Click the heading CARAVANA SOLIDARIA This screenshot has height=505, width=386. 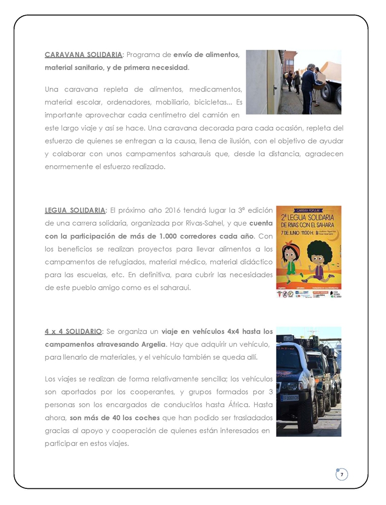(83, 55)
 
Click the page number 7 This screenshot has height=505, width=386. (342, 475)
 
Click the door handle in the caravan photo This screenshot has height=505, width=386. (274, 91)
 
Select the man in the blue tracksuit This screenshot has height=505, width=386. (307, 88)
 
